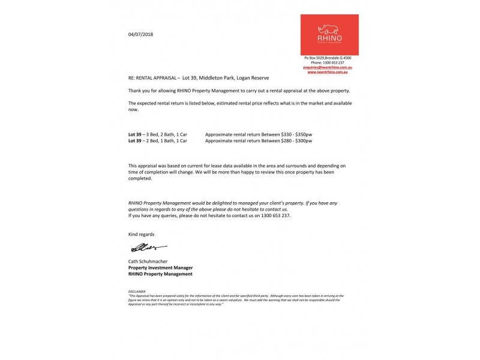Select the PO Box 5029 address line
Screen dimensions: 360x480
(328, 58)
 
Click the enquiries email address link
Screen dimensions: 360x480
(328, 67)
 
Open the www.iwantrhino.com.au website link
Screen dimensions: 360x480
(329, 72)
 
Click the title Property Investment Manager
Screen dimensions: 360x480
(160, 268)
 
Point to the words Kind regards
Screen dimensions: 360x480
(141, 233)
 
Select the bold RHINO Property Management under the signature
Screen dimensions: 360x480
(160, 274)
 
